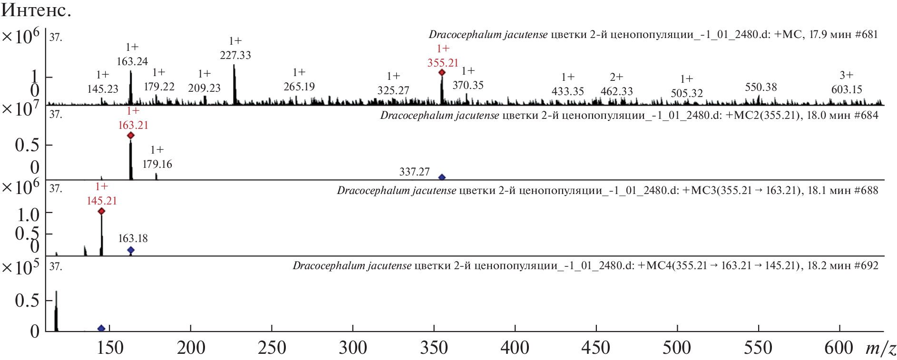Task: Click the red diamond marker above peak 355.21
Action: pyautogui.click(x=442, y=72)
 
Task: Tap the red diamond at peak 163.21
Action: pyautogui.click(x=131, y=136)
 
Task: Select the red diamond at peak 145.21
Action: pyautogui.click(x=101, y=211)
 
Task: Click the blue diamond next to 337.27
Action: pyautogui.click(x=442, y=177)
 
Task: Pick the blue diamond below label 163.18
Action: pyautogui.click(x=131, y=250)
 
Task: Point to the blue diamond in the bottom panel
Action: pyautogui.click(x=101, y=328)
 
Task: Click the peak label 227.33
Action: pyautogui.click(x=235, y=55)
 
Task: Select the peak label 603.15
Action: pyautogui.click(x=847, y=89)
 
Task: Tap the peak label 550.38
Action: pyautogui.click(x=761, y=87)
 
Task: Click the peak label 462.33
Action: pyautogui.click(x=616, y=91)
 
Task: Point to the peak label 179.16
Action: pyautogui.click(x=157, y=164)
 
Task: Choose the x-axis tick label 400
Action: pyautogui.click(x=515, y=348)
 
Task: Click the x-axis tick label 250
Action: pyautogui.click(x=272, y=348)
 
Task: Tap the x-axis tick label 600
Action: pyautogui.click(x=839, y=348)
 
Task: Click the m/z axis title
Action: pyautogui.click(x=881, y=349)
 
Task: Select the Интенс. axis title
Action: pyautogui.click(x=36, y=10)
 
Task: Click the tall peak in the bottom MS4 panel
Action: pyautogui.click(x=56, y=309)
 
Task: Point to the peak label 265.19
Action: pyautogui.click(x=299, y=87)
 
